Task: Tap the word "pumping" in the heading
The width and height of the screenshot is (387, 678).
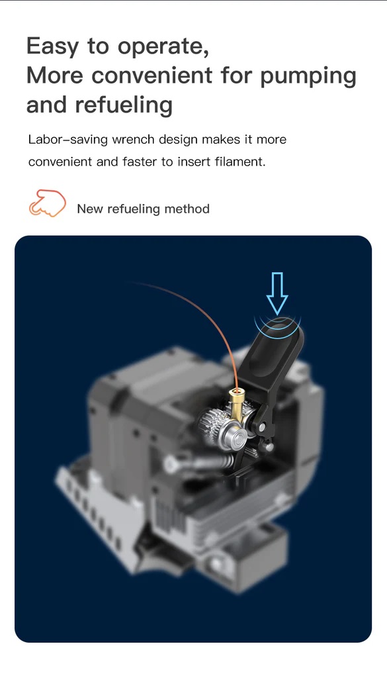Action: pyautogui.click(x=308, y=76)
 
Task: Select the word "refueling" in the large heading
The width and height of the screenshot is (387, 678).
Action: pyautogui.click(x=124, y=105)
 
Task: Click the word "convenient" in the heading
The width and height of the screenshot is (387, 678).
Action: pyautogui.click(x=152, y=75)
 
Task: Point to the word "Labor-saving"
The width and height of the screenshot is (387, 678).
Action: pyautogui.click(x=68, y=140)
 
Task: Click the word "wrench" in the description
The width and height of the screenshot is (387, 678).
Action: pyautogui.click(x=133, y=140)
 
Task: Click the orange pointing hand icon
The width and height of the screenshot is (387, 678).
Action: pyautogui.click(x=48, y=203)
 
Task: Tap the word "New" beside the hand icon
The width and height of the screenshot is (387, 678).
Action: pyautogui.click(x=90, y=209)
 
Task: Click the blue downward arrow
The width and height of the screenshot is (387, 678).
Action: pyautogui.click(x=277, y=293)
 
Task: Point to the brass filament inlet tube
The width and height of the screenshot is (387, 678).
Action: pyautogui.click(x=237, y=404)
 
